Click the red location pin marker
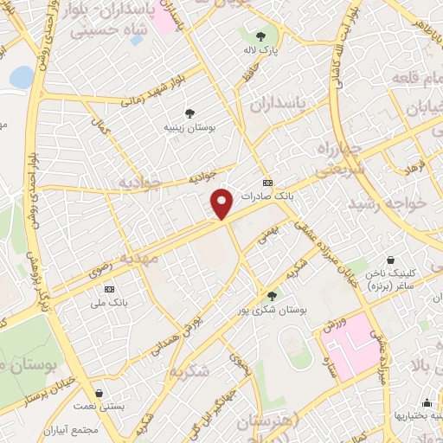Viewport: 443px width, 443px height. (x=222, y=203)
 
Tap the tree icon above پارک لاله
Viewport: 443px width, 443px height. (x=260, y=35)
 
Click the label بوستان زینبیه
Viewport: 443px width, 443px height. (x=190, y=127)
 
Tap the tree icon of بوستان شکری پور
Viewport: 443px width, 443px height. (x=273, y=296)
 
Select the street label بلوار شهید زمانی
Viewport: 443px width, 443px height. (x=132, y=100)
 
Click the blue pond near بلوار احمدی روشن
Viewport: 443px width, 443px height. (x=21, y=77)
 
